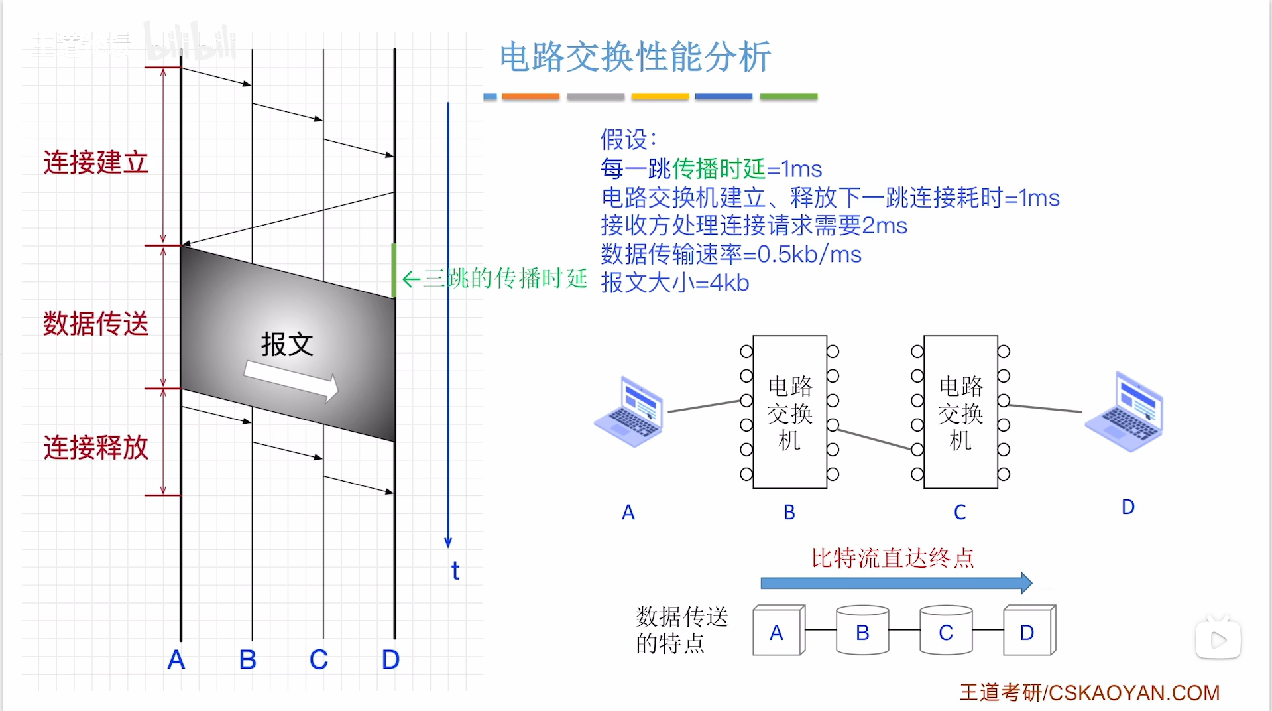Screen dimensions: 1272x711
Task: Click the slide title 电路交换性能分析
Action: pyautogui.click(x=635, y=57)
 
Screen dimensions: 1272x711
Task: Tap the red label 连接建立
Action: pyautogui.click(x=96, y=162)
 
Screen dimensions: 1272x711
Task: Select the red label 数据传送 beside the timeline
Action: pyautogui.click(x=96, y=324)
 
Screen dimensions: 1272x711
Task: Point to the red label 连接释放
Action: pyautogui.click(x=96, y=448)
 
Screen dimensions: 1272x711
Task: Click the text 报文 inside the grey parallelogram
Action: pyautogui.click(x=286, y=344)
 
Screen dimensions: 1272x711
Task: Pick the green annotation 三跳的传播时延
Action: pyautogui.click(x=504, y=279)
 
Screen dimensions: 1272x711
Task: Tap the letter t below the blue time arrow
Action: pyautogui.click(x=455, y=571)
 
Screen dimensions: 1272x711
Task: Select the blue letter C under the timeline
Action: pyautogui.click(x=319, y=659)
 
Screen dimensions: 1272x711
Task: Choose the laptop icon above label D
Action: pyautogui.click(x=1125, y=412)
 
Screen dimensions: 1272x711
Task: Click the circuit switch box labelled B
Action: pyautogui.click(x=789, y=412)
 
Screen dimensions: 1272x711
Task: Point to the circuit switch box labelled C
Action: pyautogui.click(x=960, y=412)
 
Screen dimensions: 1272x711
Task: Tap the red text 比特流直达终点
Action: pyautogui.click(x=893, y=558)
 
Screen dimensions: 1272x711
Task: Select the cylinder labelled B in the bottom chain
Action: pyautogui.click(x=862, y=631)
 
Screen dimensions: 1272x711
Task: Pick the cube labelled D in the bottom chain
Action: pyautogui.click(x=1028, y=631)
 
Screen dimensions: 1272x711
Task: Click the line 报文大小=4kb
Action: pyautogui.click(x=675, y=283)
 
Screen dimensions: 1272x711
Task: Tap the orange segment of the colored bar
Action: pyautogui.click(x=530, y=97)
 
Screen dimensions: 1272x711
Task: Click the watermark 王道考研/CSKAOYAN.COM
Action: pyautogui.click(x=1089, y=692)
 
